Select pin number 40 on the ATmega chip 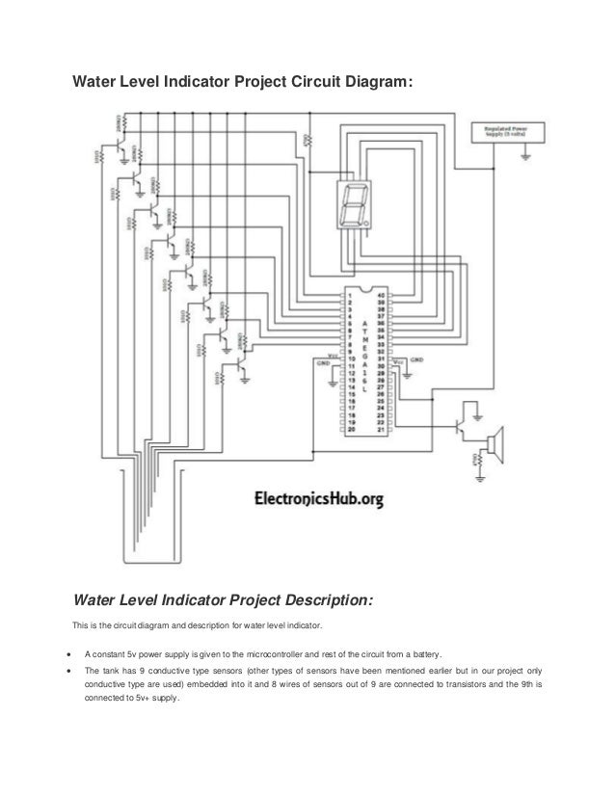(x=383, y=295)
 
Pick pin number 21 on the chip (x=383, y=430)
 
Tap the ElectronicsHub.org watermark (x=319, y=498)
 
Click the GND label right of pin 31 (x=416, y=359)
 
